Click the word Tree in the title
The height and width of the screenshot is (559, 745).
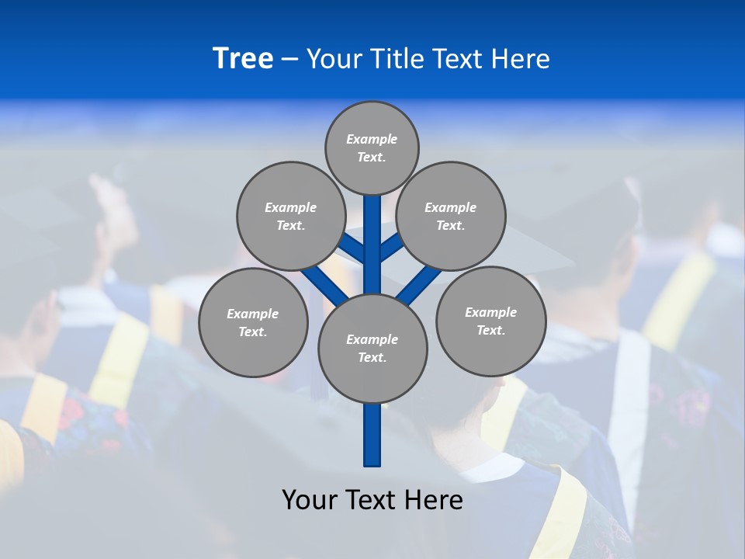pyautogui.click(x=243, y=58)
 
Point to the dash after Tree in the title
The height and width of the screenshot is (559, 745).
pyautogui.click(x=289, y=60)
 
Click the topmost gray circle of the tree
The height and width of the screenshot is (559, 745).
pyautogui.click(x=372, y=148)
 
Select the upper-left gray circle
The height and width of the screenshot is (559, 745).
pyautogui.click(x=291, y=216)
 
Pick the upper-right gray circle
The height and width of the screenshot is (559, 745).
pyautogui.click(x=451, y=216)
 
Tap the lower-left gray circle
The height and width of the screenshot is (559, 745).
pyautogui.click(x=253, y=322)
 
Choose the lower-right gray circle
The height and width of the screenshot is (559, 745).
pyautogui.click(x=490, y=321)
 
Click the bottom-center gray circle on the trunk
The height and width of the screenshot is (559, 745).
pyautogui.click(x=372, y=348)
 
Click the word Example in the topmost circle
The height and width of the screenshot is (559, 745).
pyautogui.click(x=372, y=139)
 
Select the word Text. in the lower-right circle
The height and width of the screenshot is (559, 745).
pyautogui.click(x=490, y=330)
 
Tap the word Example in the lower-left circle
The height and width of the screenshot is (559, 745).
pyautogui.click(x=253, y=314)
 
